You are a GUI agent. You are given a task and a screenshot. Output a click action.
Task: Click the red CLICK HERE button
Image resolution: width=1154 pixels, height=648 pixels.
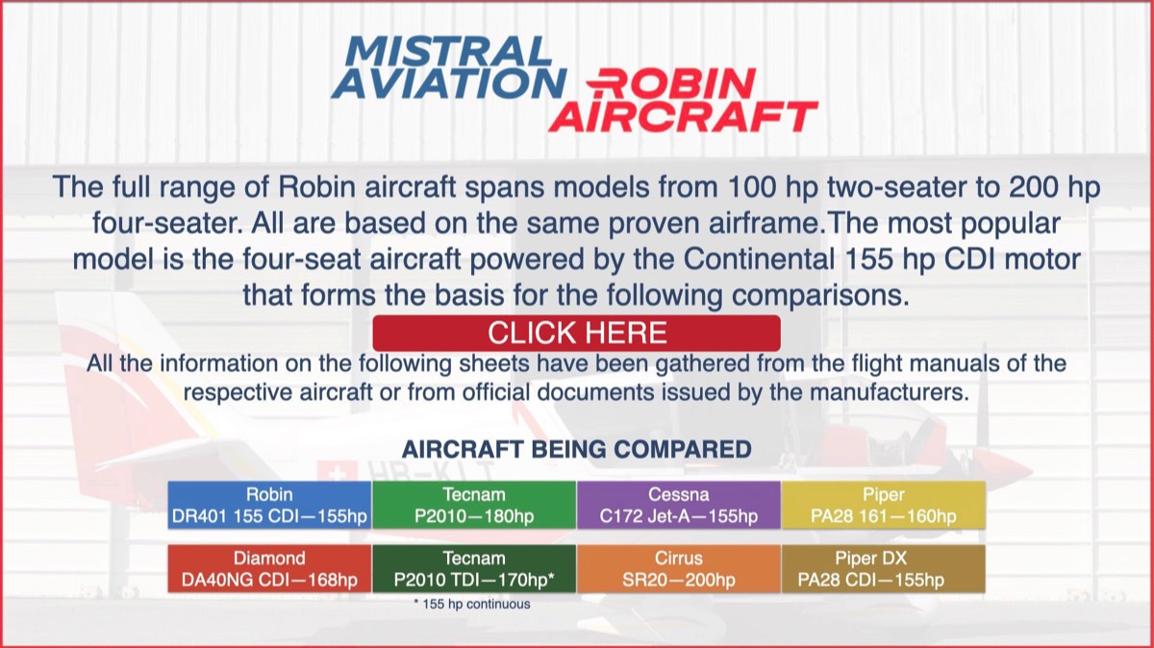tap(576, 333)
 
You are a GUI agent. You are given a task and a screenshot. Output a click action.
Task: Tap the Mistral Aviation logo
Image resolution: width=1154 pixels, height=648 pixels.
tap(449, 67)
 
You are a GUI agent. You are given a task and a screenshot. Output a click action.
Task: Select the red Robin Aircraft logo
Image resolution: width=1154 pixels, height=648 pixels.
tap(684, 100)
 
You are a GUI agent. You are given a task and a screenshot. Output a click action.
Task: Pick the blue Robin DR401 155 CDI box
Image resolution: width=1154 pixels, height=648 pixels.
tap(269, 505)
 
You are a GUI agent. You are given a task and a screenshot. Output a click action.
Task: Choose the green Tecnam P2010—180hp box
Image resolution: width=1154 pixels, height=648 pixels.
tap(474, 505)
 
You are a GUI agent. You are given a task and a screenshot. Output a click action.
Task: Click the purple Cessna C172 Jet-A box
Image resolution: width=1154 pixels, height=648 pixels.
tap(679, 505)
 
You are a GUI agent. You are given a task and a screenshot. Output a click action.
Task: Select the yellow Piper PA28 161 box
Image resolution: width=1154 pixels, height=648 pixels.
tap(884, 505)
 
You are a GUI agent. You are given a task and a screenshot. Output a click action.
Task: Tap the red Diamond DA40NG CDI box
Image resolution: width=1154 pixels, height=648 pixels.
tap(269, 568)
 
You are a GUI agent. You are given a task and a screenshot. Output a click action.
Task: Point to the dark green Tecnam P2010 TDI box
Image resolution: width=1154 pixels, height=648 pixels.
tap(474, 568)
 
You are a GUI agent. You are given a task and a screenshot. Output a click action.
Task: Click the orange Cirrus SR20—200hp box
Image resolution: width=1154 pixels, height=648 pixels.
tap(679, 568)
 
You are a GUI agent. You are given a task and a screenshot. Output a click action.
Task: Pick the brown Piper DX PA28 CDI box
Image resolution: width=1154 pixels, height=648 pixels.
tap(884, 568)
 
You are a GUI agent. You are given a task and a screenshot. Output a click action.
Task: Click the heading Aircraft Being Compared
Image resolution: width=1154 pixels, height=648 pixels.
tap(576, 449)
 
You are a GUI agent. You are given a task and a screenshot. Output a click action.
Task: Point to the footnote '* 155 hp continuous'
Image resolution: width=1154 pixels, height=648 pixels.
tap(472, 604)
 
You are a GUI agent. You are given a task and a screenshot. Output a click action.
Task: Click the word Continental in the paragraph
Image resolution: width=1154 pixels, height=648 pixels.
tap(759, 259)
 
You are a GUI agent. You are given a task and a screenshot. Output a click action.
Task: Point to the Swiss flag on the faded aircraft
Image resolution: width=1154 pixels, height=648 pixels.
tap(337, 472)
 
